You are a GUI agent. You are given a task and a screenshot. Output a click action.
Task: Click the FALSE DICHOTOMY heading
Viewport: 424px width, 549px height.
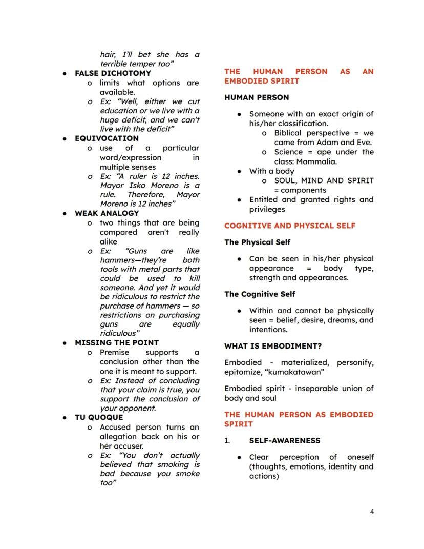click(113, 73)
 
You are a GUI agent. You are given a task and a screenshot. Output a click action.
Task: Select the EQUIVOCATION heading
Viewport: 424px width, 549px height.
click(107, 138)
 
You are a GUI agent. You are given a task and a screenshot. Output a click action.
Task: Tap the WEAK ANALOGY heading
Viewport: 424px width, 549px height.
click(107, 213)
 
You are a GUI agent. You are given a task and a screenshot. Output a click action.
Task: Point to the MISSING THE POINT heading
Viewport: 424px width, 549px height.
click(117, 342)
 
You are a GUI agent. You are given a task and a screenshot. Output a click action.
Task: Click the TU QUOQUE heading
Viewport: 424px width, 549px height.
click(99, 417)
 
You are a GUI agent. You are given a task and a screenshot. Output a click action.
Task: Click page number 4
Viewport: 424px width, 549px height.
click(372, 511)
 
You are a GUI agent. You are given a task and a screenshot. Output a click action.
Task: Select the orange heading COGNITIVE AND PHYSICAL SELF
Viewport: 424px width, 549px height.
click(290, 226)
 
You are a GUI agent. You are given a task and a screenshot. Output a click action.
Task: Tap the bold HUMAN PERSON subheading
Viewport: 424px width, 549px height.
click(257, 97)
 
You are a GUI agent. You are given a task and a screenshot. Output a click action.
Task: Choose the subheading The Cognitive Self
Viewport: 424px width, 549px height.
click(260, 294)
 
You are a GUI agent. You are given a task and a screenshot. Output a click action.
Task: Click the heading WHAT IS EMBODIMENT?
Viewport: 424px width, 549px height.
click(273, 346)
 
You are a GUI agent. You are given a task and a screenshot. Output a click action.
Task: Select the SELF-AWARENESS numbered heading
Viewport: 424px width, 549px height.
click(284, 440)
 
